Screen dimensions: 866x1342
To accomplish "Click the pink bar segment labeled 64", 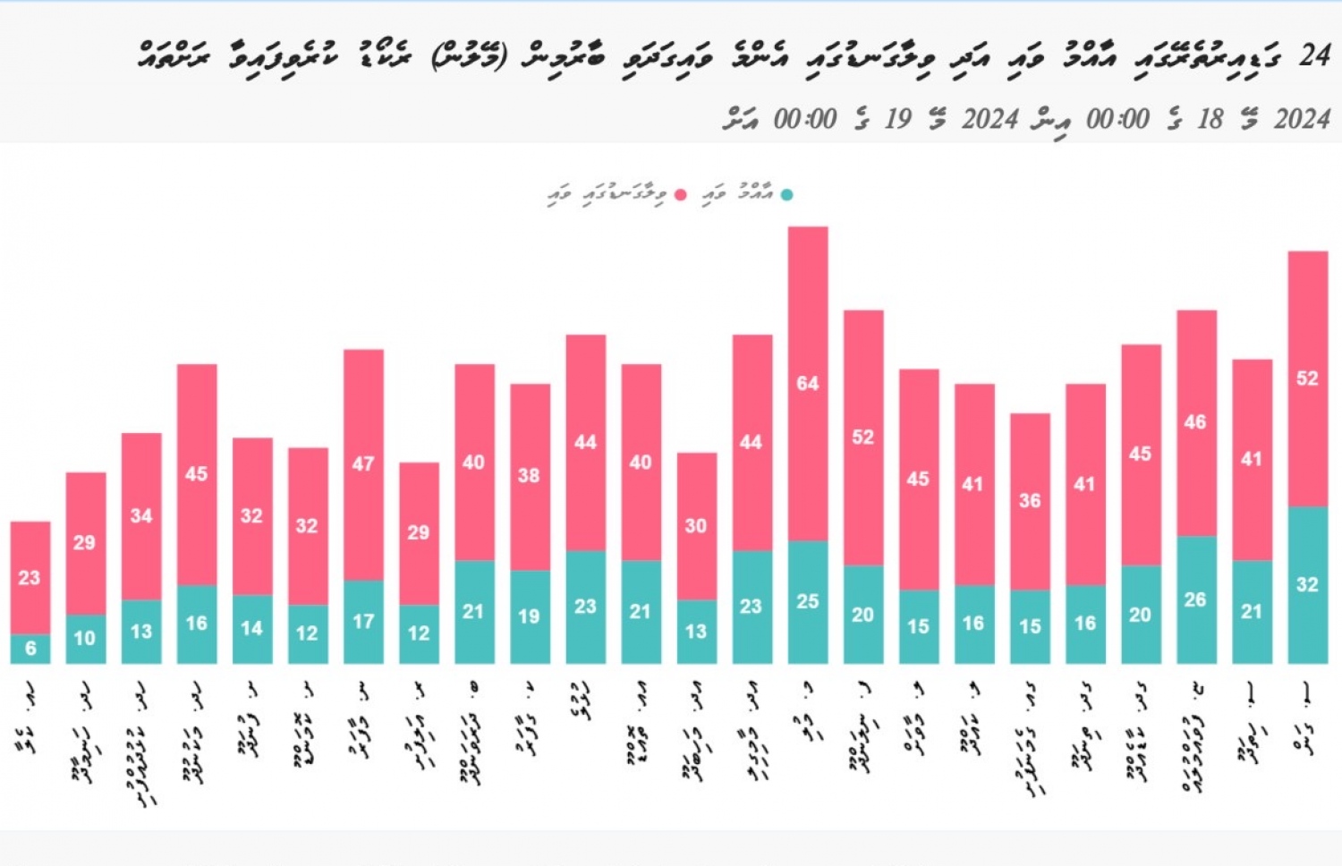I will pyautogui.click(x=807, y=384).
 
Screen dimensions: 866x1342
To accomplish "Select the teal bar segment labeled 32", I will pyautogui.click(x=1307, y=585).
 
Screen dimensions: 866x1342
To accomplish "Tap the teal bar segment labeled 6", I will pyautogui.click(x=30, y=649).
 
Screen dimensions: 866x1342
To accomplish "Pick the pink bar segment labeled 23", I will pyautogui.click(x=30, y=578).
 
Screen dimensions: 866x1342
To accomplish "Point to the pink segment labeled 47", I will pyautogui.click(x=363, y=464).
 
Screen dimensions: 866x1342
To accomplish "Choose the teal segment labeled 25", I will pyautogui.click(x=807, y=602).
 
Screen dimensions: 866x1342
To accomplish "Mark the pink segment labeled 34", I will pyautogui.click(x=141, y=516).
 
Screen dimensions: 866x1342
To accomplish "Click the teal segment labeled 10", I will pyautogui.click(x=86, y=639).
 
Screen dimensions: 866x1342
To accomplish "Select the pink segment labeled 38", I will pyautogui.click(x=530, y=476).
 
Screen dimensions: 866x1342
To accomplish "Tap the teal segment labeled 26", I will pyautogui.click(x=1196, y=599).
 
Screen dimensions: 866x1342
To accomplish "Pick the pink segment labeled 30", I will pyautogui.click(x=696, y=526).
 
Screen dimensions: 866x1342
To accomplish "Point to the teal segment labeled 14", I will pyautogui.click(x=252, y=629).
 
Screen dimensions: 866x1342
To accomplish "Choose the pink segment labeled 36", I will pyautogui.click(x=1030, y=501).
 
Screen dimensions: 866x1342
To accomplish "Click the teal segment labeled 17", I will pyautogui.click(x=363, y=622).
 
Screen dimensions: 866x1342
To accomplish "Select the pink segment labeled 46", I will pyautogui.click(x=1196, y=422).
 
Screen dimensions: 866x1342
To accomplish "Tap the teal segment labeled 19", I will pyautogui.click(x=530, y=616).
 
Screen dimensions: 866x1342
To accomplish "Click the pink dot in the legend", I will pyautogui.click(x=681, y=195).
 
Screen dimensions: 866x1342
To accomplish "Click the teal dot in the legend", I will pyautogui.click(x=786, y=195).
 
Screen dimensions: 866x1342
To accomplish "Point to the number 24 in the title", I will pyautogui.click(x=1314, y=55).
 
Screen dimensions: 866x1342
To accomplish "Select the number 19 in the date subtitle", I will pyautogui.click(x=897, y=119).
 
